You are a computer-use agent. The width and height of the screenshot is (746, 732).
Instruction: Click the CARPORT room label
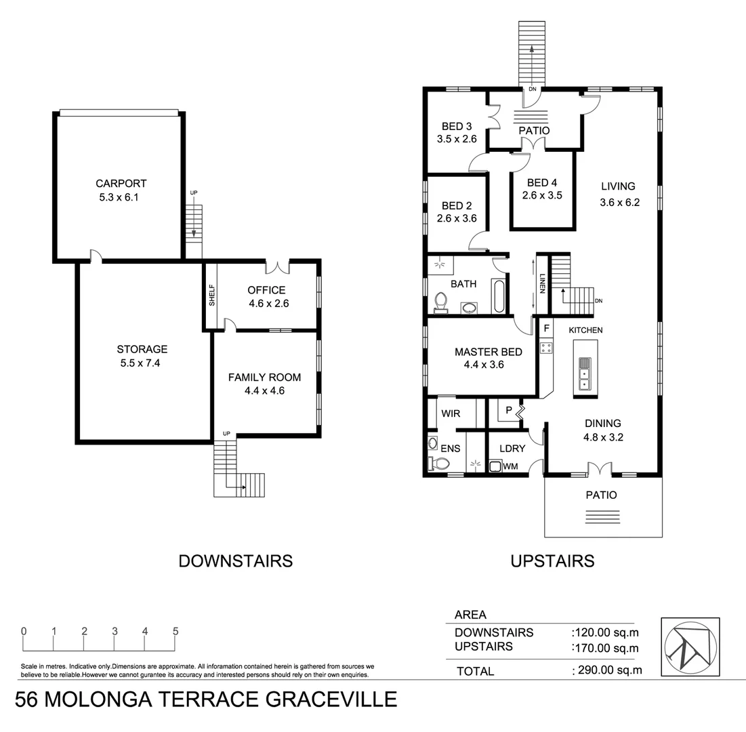coord(121,183)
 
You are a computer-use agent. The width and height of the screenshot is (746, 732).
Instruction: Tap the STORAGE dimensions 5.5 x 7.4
coord(142,363)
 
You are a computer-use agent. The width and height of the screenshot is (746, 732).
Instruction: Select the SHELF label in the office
coord(211,296)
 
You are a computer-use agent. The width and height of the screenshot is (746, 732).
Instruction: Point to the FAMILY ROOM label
coord(264,377)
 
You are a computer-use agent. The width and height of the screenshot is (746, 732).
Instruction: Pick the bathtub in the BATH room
coord(499,297)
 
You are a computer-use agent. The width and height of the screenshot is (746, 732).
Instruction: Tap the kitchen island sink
coord(584,373)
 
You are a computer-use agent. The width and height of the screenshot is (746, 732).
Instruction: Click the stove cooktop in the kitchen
coord(545,348)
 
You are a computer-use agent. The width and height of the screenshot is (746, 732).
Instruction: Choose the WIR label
coord(451,413)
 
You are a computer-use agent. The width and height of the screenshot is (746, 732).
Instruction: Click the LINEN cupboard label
coord(542,283)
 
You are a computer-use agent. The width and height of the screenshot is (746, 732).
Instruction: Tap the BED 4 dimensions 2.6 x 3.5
coord(542,195)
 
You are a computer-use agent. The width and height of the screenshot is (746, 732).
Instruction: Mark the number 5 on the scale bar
coord(175,631)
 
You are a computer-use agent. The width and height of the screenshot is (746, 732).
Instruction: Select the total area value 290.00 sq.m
coord(607,670)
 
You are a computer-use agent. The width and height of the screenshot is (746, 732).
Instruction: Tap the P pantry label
coord(508,411)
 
